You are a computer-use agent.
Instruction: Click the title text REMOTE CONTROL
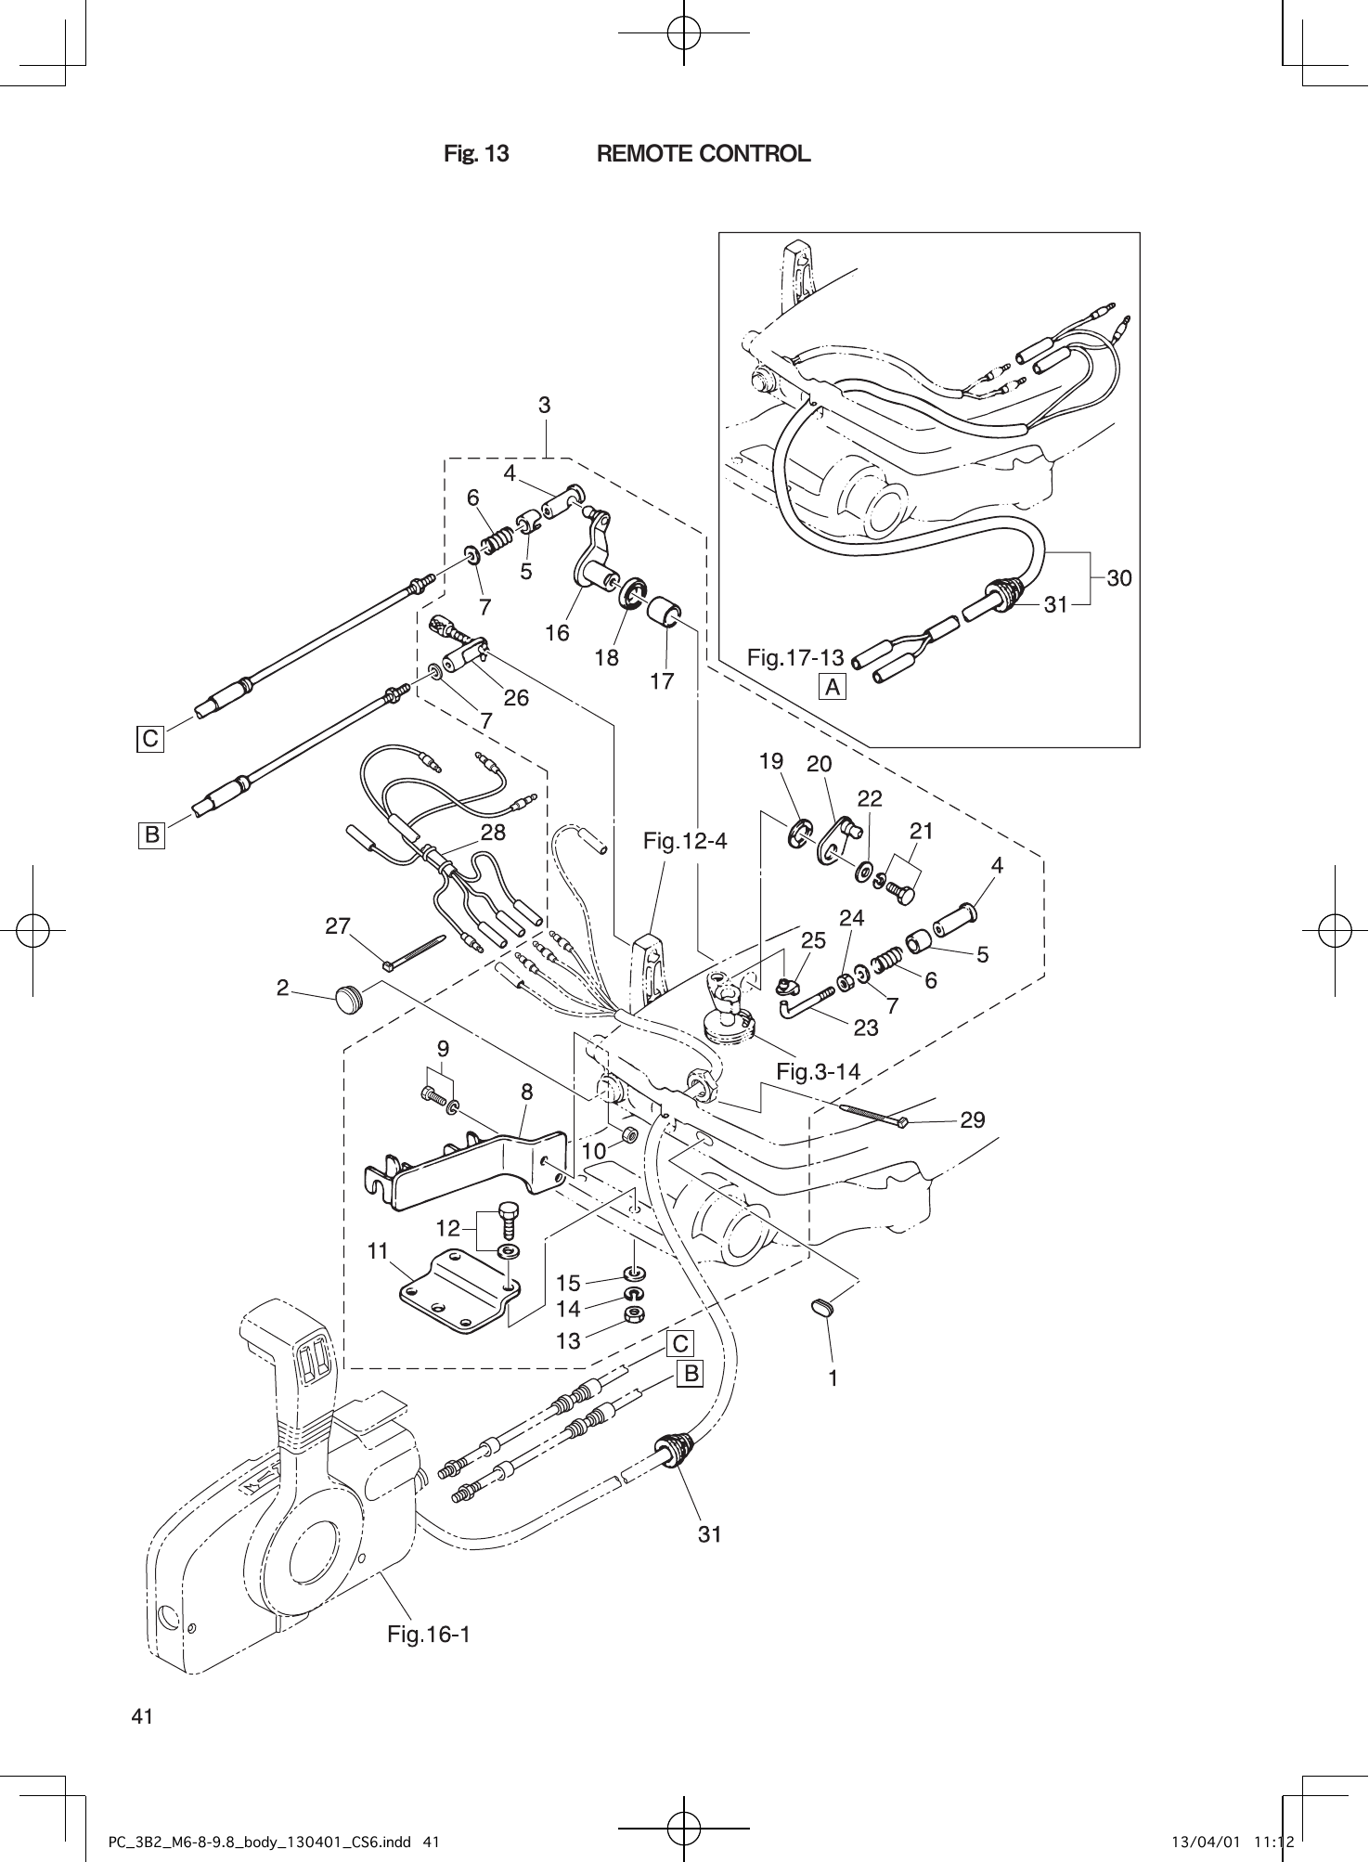pyautogui.click(x=703, y=154)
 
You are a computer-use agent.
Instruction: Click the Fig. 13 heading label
pyautogui.click(x=476, y=154)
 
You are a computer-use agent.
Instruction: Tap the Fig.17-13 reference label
pyautogui.click(x=794, y=658)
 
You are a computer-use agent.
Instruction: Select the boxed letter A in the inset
pyautogui.click(x=833, y=687)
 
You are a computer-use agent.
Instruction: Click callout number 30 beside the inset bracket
pyautogui.click(x=1119, y=578)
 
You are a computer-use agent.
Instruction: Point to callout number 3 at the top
pyautogui.click(x=545, y=406)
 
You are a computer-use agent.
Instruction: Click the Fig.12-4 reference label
pyautogui.click(x=685, y=842)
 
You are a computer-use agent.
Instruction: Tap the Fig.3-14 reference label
pyautogui.click(x=818, y=1072)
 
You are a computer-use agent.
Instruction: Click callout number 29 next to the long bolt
pyautogui.click(x=973, y=1120)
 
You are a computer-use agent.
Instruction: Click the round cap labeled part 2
pyautogui.click(x=348, y=999)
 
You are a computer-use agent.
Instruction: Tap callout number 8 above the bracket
pyautogui.click(x=526, y=1093)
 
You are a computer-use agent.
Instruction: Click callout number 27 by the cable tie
pyautogui.click(x=338, y=926)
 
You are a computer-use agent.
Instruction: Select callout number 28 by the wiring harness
pyautogui.click(x=493, y=833)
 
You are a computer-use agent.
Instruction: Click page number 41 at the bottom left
pyautogui.click(x=142, y=1716)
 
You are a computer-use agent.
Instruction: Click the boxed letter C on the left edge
pyautogui.click(x=149, y=740)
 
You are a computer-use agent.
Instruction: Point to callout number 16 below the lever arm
pyautogui.click(x=557, y=633)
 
